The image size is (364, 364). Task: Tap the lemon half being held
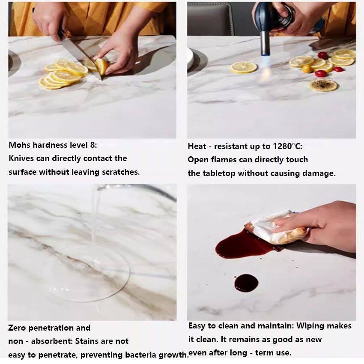101,66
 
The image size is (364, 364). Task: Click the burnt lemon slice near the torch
323,85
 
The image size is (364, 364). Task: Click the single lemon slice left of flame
244,67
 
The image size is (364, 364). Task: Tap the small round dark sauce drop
246,283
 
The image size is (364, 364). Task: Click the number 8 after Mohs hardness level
92,145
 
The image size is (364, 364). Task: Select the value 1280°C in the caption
287,146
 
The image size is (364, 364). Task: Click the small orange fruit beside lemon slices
307,69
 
